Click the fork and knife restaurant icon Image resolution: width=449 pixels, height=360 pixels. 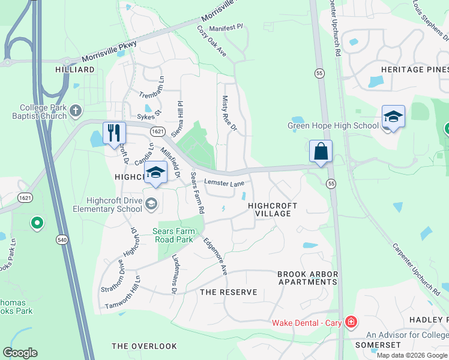(114, 133)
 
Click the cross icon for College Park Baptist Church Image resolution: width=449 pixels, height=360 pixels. (76, 110)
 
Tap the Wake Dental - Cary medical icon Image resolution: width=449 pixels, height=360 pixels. (351, 323)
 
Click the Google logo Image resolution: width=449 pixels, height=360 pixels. (20, 353)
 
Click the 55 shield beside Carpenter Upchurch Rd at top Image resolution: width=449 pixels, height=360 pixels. (318, 73)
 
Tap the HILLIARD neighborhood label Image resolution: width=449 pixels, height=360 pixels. (75, 70)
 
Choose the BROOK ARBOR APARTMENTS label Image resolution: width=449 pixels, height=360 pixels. (307, 278)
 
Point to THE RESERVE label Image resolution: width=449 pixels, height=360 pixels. (228, 292)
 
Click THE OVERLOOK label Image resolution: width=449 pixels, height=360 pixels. (144, 346)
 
